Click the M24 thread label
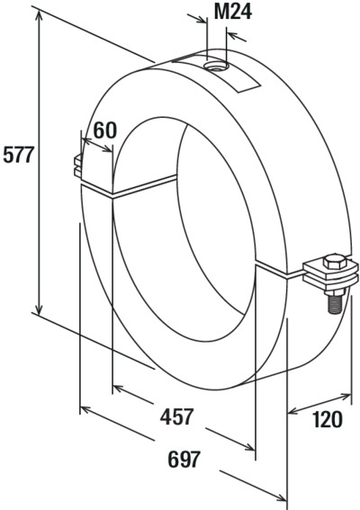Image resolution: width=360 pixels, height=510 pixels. tap(233, 13)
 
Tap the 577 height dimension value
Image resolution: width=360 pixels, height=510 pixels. tap(18, 155)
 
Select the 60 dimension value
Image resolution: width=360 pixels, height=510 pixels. tap(104, 130)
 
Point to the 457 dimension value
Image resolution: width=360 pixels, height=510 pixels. tap(176, 416)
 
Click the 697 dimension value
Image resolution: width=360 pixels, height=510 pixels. tap(184, 460)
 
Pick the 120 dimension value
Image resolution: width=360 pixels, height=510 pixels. tap(327, 419)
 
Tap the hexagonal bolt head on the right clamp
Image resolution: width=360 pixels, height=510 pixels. tap(334, 262)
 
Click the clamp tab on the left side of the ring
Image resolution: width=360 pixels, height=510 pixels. tap(78, 166)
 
